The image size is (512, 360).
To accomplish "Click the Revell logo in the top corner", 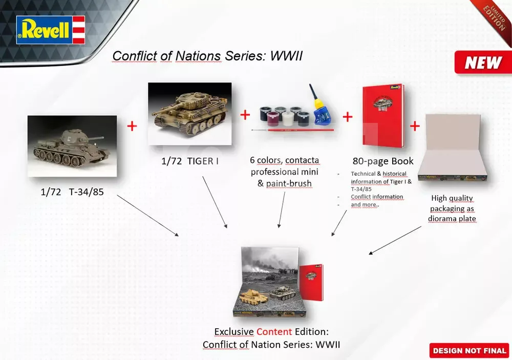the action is (51, 30).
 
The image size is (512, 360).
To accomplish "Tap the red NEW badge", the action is (483, 62).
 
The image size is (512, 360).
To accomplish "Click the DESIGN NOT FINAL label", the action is (469, 350).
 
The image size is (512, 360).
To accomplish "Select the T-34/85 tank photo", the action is (72, 146).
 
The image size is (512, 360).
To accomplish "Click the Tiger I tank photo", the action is (190, 113).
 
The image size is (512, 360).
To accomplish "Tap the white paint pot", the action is (288, 119).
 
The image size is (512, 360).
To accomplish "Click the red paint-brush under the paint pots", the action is (292, 130).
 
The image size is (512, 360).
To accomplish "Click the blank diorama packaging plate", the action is (453, 146).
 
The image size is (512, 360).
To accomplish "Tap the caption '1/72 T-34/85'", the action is (72, 192).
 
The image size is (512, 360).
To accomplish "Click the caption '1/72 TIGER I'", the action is (190, 161).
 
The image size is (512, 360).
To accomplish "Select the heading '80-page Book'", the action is (383, 161).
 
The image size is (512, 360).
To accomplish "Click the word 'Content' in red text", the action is (274, 332).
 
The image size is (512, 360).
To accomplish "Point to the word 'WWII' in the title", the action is (286, 56).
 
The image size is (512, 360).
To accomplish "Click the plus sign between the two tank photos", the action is (132, 126).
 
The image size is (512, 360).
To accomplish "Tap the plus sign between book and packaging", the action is (415, 126).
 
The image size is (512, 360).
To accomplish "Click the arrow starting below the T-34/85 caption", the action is (147, 215).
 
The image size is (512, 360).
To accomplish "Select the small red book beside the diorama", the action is (311, 282).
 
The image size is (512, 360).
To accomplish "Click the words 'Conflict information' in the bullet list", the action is (377, 197).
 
